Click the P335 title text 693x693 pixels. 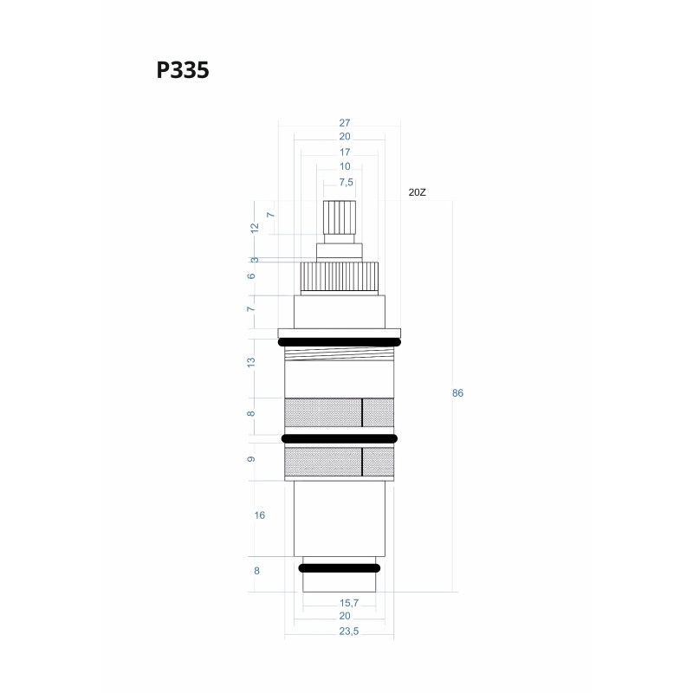point(183,70)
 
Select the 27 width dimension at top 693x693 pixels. point(345,123)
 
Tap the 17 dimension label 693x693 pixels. point(345,152)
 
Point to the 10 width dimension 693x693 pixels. point(345,166)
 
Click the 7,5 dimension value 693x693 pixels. point(346,182)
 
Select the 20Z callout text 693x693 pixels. point(418,192)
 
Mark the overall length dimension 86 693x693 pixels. point(457,393)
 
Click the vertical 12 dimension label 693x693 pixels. point(255,228)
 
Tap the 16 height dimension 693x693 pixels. point(259,515)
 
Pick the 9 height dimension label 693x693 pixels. point(251,459)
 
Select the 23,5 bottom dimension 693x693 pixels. point(347,631)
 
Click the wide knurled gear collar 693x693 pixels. point(339,276)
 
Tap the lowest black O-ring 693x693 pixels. point(339,568)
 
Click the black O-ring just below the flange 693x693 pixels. point(339,343)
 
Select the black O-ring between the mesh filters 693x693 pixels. point(339,439)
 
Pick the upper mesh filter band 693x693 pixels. point(339,412)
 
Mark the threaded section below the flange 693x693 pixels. point(339,354)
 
